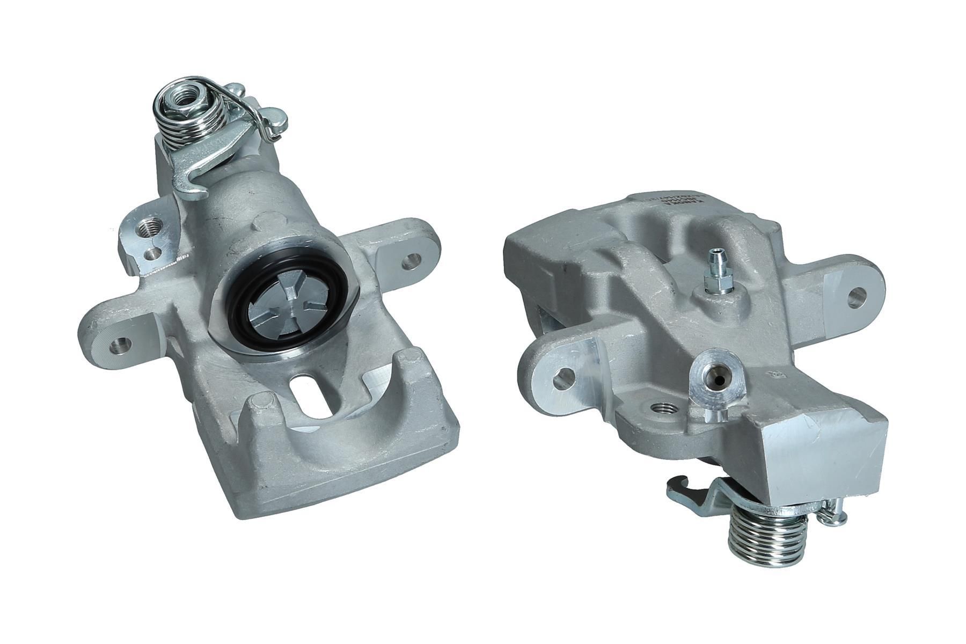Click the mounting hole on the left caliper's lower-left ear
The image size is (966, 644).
[119, 344]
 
